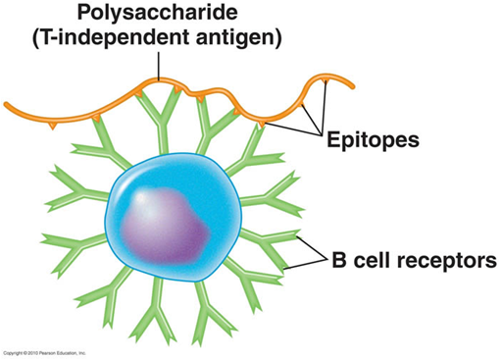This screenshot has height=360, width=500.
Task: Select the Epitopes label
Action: click(374, 139)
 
